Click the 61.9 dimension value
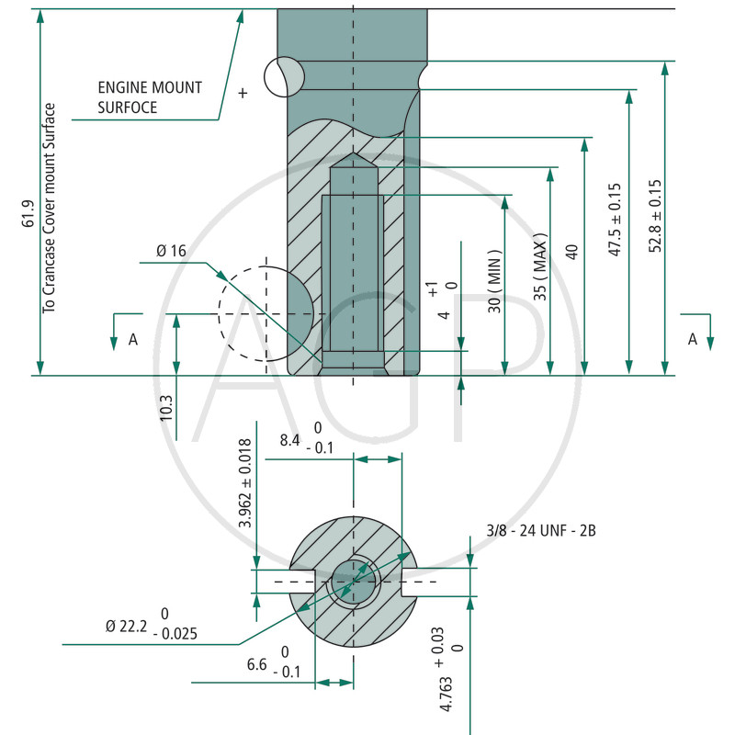tap(28, 214)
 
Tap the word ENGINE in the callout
tap(123, 87)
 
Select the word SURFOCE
tap(128, 107)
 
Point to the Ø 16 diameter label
tap(171, 251)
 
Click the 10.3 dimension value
tap(166, 408)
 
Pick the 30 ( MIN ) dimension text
tap(495, 281)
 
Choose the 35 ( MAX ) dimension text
tap(540, 266)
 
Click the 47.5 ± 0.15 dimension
tap(615, 220)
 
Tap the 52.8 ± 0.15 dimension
tap(655, 216)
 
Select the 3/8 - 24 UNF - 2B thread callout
tap(541, 531)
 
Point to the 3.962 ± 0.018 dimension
tap(245, 483)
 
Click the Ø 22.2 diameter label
tap(126, 626)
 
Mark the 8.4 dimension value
tap(289, 440)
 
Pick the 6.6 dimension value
tap(257, 664)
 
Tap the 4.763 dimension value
tap(447, 694)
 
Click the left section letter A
tap(133, 339)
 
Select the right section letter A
tap(693, 339)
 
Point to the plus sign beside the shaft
tap(243, 93)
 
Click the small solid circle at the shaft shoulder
tap(284, 77)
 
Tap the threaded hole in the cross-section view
tap(354, 582)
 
